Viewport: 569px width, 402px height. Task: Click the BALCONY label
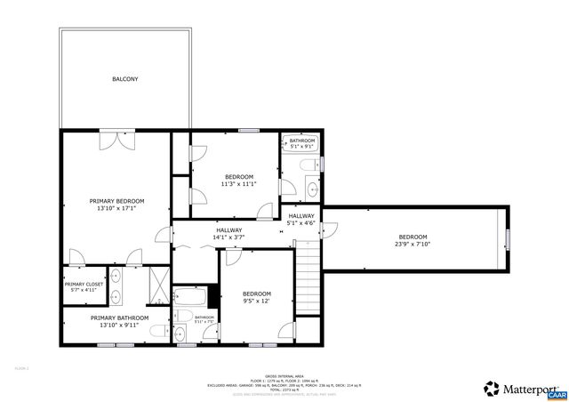pos(124,79)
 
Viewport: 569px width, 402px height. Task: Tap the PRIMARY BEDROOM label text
pos(116,201)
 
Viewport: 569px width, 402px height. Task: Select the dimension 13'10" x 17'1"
pos(116,209)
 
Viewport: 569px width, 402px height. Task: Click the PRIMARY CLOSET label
pos(84,285)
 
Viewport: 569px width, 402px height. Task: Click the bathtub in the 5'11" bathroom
pos(190,296)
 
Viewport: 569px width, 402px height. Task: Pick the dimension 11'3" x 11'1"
pos(239,184)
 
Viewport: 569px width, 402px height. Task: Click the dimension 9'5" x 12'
pos(257,301)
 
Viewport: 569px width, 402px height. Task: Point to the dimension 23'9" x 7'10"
pos(412,245)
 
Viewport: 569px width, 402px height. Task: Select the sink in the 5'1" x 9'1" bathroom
pos(312,189)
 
